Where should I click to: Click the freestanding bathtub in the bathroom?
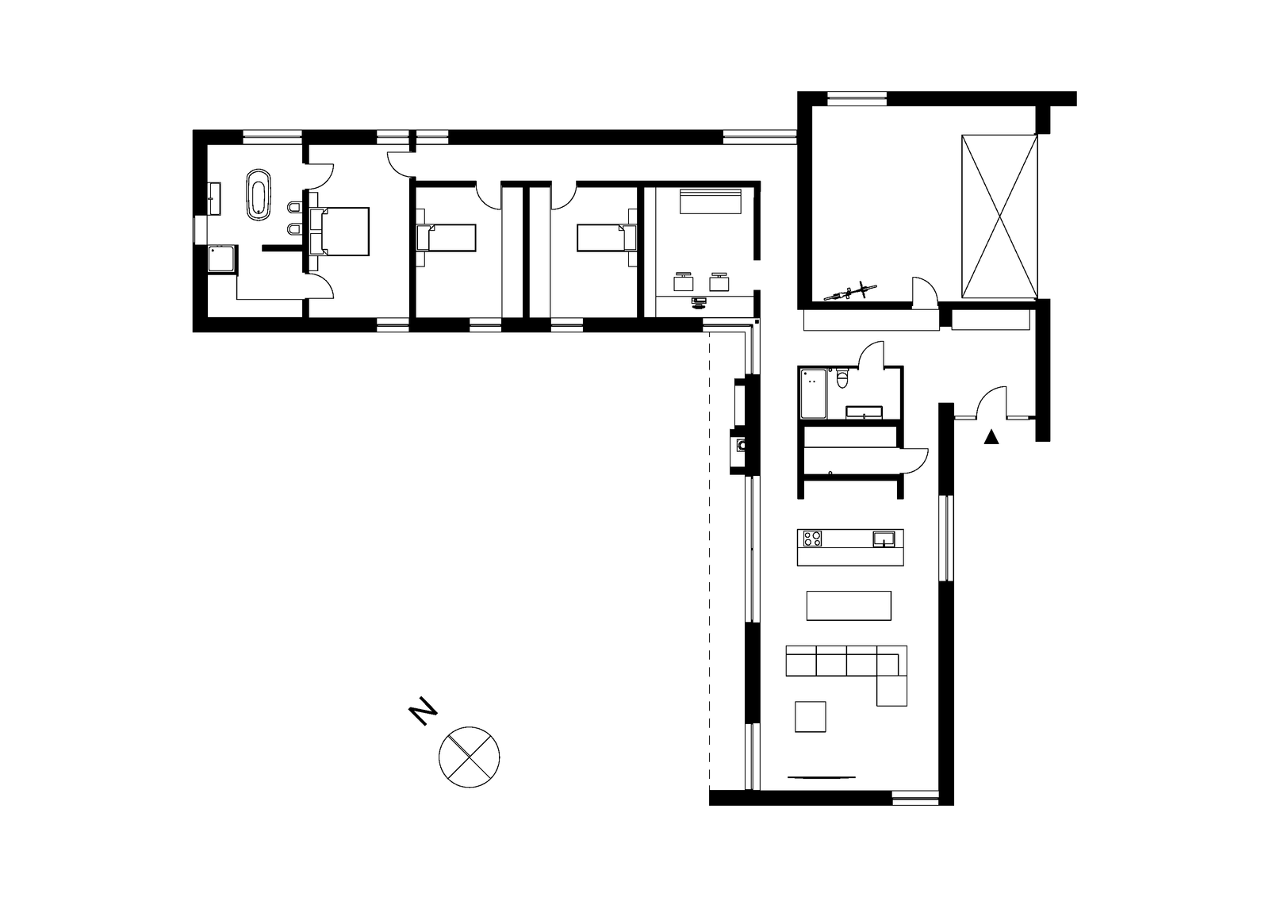259,194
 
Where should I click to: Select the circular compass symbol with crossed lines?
469,757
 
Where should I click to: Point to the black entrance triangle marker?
991,437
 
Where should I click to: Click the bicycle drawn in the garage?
849,291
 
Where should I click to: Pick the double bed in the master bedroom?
339,232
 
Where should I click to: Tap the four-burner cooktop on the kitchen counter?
812,538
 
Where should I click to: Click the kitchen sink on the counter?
884,539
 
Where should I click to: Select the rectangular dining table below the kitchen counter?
849,606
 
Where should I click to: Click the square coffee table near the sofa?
810,717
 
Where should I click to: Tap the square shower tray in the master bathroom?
223,259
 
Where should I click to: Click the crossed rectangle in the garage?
1000,217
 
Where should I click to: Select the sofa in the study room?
711,201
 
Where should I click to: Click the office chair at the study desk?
699,302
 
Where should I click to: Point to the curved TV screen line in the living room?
822,777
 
